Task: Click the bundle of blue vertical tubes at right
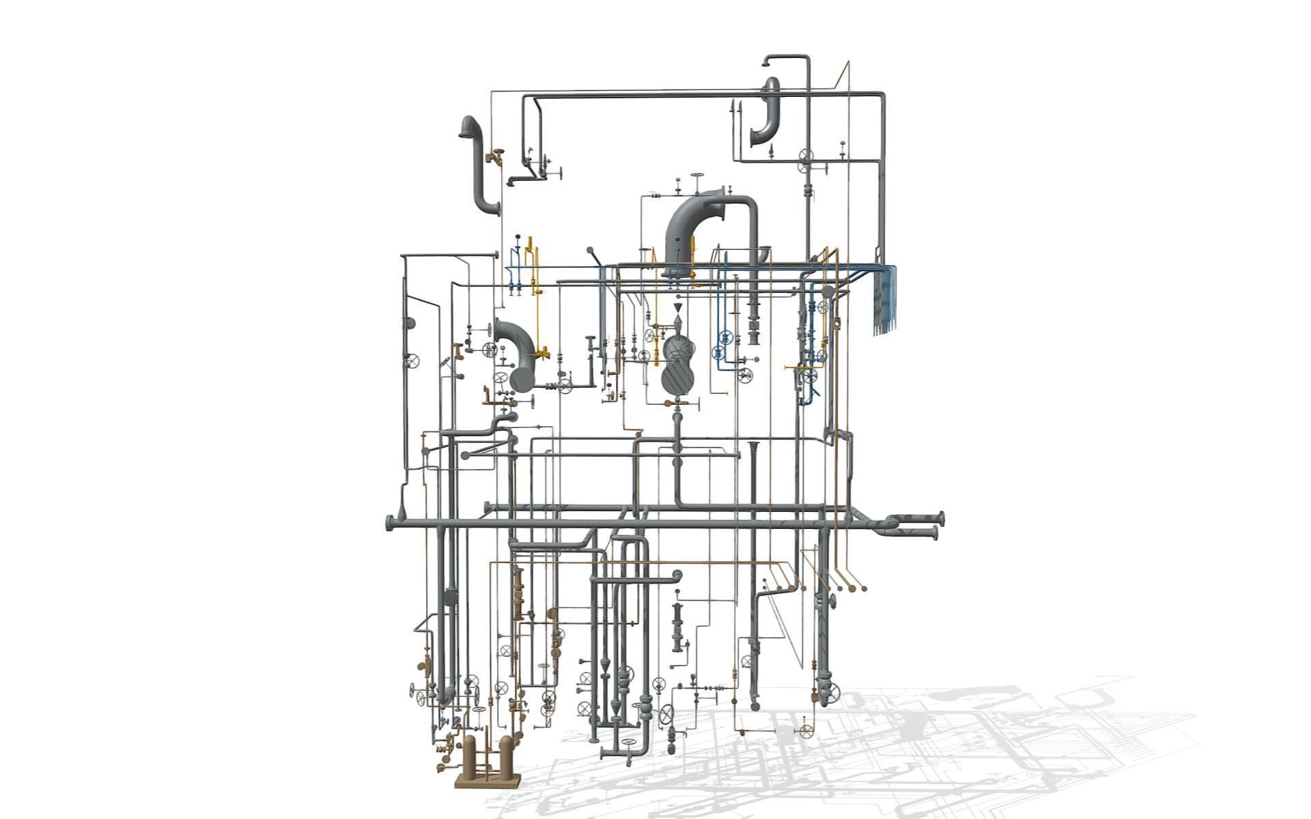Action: (886, 300)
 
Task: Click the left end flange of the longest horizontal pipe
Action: (390, 523)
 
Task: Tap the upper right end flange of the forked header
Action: (942, 517)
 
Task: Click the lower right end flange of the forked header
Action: (935, 532)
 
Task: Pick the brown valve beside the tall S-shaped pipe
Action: (494, 157)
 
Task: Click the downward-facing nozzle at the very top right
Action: (766, 63)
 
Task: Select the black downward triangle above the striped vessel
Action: (677, 309)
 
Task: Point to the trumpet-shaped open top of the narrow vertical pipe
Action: (754, 447)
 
